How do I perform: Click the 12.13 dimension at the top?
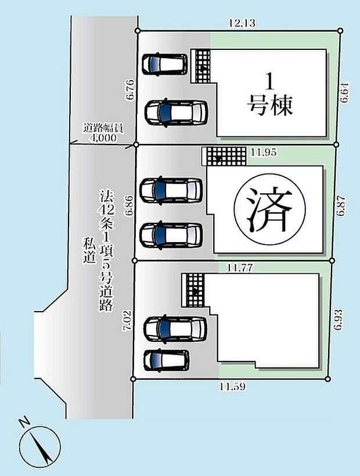242,23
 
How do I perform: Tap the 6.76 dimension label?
130,90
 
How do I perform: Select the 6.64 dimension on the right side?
345,93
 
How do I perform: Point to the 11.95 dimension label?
262,153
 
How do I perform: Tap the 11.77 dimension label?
239,268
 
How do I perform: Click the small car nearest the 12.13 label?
166,64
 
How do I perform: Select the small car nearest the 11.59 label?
166,359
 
